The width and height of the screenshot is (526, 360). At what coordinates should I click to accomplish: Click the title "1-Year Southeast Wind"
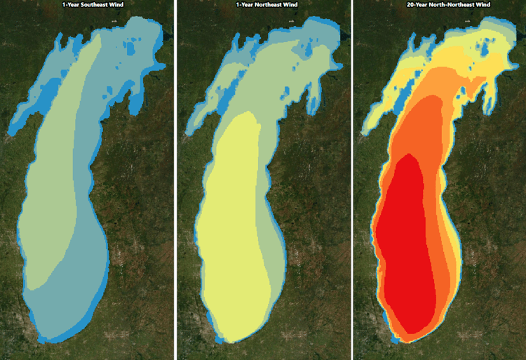(x=87, y=4)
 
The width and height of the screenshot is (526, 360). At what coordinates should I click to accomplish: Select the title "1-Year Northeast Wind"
(x=262, y=4)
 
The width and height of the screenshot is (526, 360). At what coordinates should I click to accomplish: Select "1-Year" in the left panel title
(x=69, y=4)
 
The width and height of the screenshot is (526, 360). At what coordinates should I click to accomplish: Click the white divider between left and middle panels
(x=175, y=180)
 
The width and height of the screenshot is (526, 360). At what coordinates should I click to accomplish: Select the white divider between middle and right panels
(x=351, y=180)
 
